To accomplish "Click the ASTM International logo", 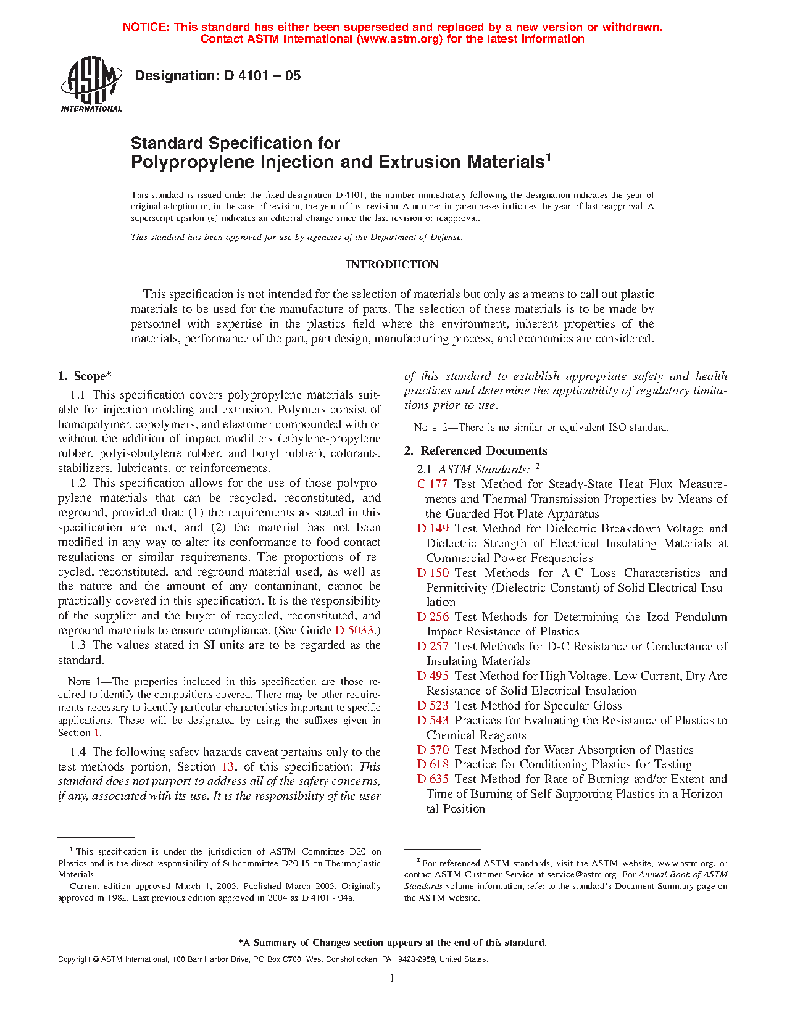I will pyautogui.click(x=91, y=85).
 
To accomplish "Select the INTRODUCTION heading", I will pyautogui.click(x=392, y=265).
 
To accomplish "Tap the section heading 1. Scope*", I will pyautogui.click(x=85, y=376).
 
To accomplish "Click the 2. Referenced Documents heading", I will pyautogui.click(x=475, y=451).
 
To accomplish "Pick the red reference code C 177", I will pyautogui.click(x=432, y=484).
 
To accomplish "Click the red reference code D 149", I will pyautogui.click(x=433, y=529).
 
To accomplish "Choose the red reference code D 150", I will pyautogui.click(x=433, y=573).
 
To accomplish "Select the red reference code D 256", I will pyautogui.click(x=433, y=617).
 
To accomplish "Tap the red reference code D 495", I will pyautogui.click(x=433, y=676).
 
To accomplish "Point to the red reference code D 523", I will pyautogui.click(x=433, y=706).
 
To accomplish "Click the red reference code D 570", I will pyautogui.click(x=433, y=750).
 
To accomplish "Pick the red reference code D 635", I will pyautogui.click(x=433, y=779).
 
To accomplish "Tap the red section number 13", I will pyautogui.click(x=228, y=767).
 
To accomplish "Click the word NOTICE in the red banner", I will pyautogui.click(x=146, y=27).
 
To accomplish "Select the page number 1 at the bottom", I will pyautogui.click(x=392, y=977).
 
